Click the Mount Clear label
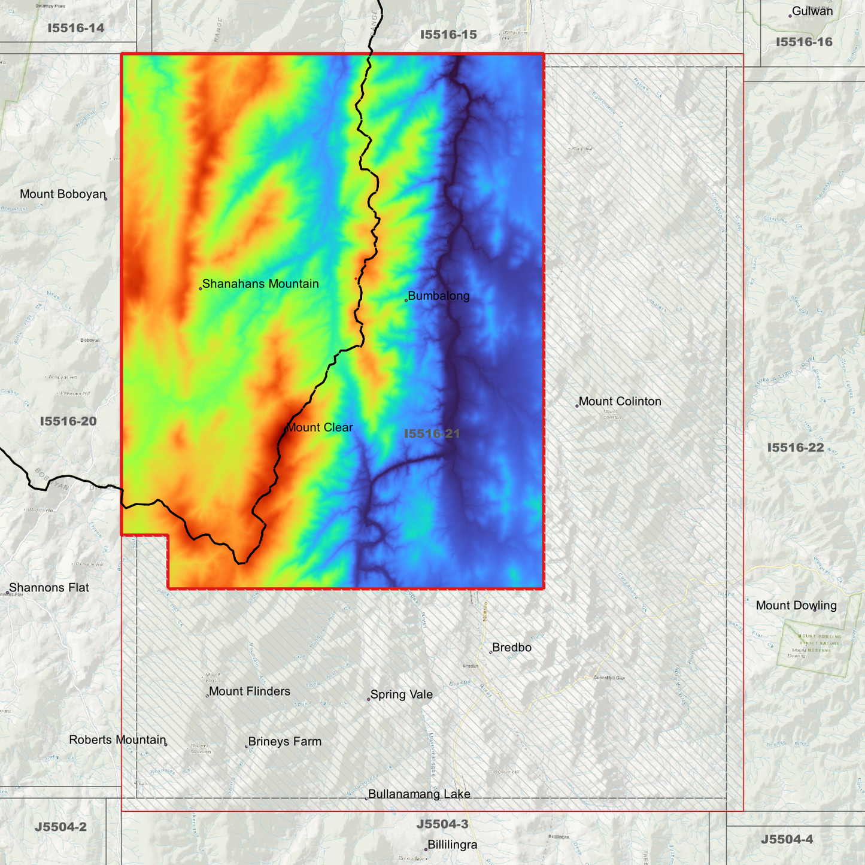320,427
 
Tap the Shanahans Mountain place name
260,284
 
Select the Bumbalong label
439,296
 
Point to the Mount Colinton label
620,401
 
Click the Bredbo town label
512,648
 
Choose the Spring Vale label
401,694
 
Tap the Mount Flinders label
250,691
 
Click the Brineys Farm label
285,742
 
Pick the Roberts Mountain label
117,740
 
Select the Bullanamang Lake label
419,794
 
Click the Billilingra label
453,845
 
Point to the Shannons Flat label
49,588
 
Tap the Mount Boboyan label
62,194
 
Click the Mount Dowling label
796,605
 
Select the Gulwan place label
812,11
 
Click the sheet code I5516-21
432,433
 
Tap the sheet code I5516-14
76,28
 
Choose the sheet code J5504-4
787,839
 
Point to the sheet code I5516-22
796,448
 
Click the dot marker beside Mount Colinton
577,406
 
